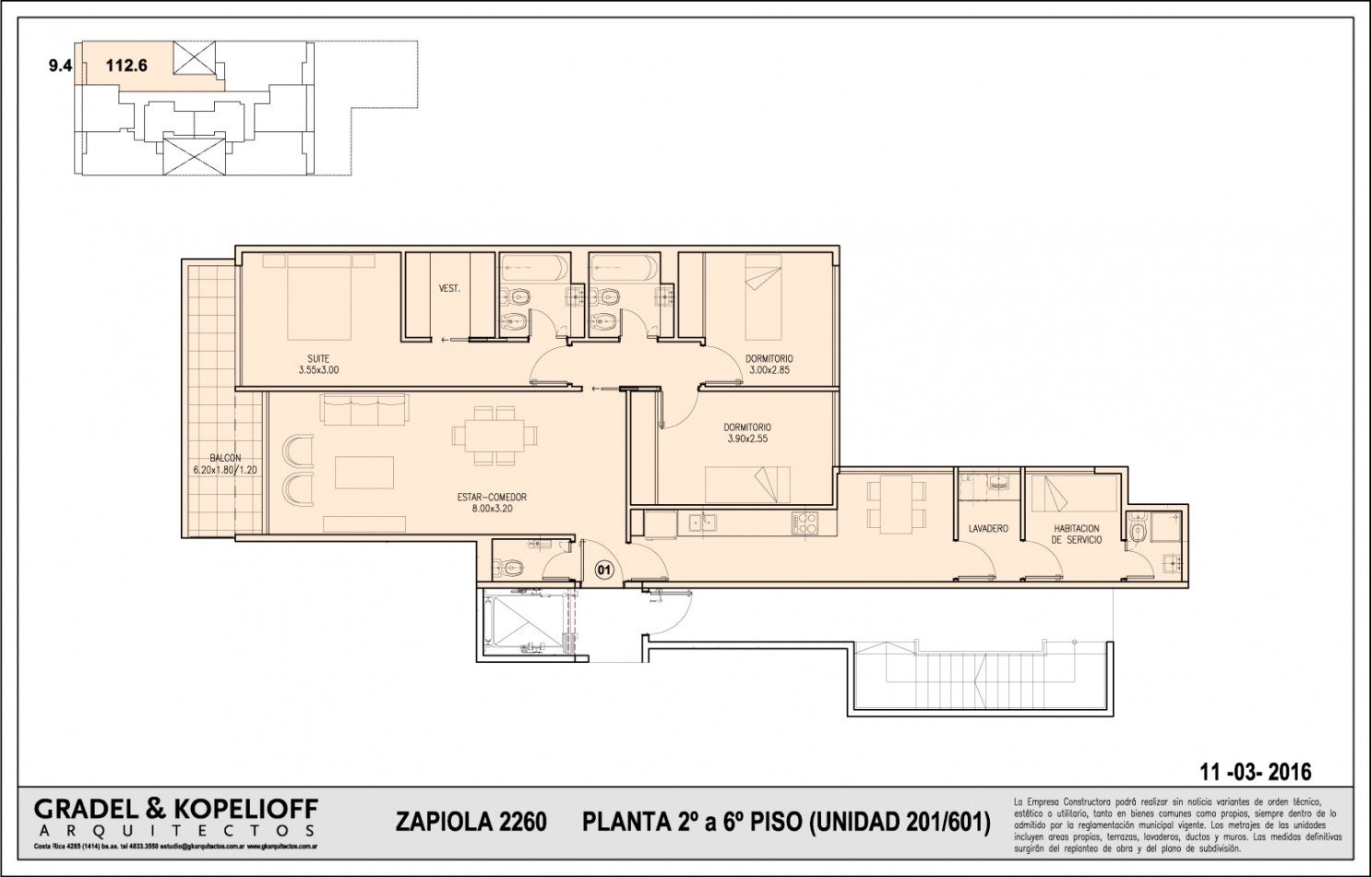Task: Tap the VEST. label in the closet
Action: (x=449, y=289)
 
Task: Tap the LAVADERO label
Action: (x=987, y=529)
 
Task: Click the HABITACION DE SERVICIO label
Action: (x=1077, y=535)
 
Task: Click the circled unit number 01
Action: (x=603, y=569)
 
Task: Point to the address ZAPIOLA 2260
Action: (x=471, y=821)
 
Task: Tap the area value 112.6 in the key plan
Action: (x=126, y=66)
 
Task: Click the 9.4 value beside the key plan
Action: (x=61, y=66)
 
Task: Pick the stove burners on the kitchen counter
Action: (x=804, y=523)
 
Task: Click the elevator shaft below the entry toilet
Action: (x=522, y=622)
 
